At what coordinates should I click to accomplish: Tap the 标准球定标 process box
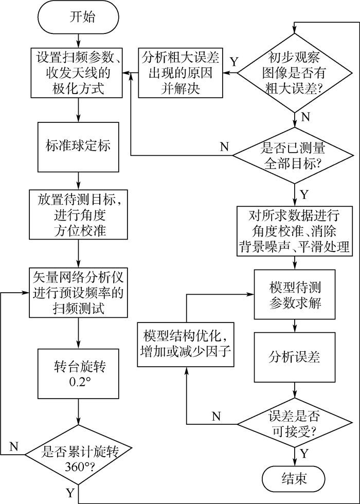tap(78, 146)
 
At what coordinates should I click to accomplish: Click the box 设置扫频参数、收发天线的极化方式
tap(78, 72)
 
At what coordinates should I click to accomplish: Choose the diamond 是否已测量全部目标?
tap(294, 156)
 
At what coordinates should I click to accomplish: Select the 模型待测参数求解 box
tap(295, 295)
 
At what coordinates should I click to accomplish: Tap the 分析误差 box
tap(295, 356)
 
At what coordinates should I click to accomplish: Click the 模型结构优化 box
tap(186, 345)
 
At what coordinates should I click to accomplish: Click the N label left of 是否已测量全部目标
tap(224, 146)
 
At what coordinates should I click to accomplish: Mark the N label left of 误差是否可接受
tap(217, 415)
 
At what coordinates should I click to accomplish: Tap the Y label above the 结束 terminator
tap(304, 454)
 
